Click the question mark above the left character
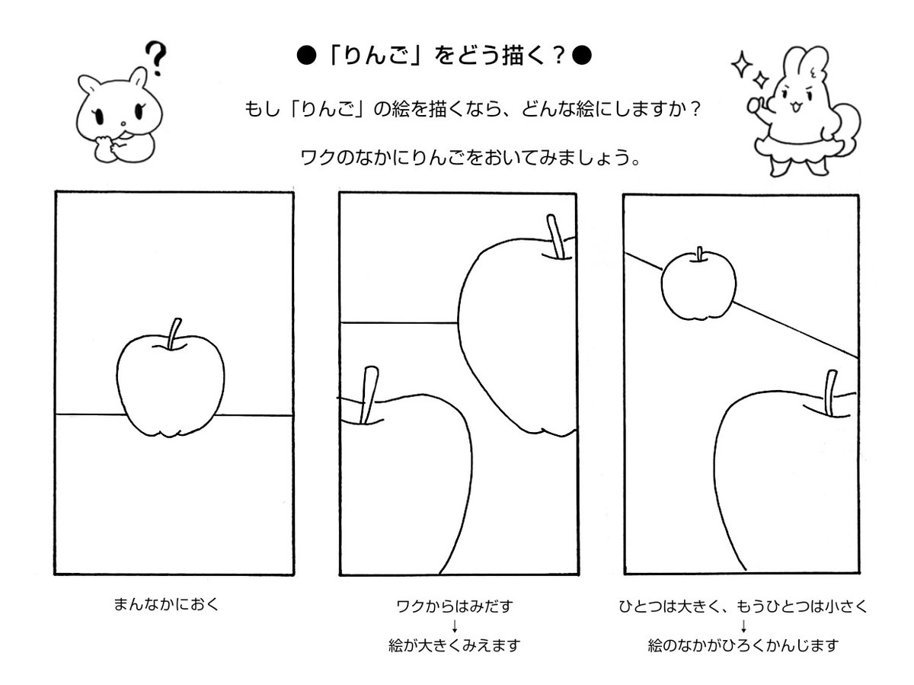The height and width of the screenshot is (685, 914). [155, 58]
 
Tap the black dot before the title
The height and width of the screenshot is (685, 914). [306, 56]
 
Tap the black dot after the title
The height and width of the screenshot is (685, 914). [581, 56]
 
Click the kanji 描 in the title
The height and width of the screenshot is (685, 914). [514, 56]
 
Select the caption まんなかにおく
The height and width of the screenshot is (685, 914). [166, 604]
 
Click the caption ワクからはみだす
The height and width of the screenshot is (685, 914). [455, 607]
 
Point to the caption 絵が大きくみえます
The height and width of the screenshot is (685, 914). [454, 645]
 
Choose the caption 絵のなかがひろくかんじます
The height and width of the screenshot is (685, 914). [743, 645]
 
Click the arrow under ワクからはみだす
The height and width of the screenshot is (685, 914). [455, 626]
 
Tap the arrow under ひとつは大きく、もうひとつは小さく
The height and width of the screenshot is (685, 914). [743, 626]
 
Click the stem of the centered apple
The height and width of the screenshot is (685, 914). [174, 334]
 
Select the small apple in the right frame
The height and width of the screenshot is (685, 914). [698, 284]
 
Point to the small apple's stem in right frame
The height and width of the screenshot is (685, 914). [699, 254]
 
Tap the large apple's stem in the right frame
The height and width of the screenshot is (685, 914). [831, 393]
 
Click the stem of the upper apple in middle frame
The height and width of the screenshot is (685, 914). [556, 236]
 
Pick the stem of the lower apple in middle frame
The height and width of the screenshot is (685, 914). [369, 395]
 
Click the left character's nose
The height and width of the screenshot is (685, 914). [123, 123]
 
